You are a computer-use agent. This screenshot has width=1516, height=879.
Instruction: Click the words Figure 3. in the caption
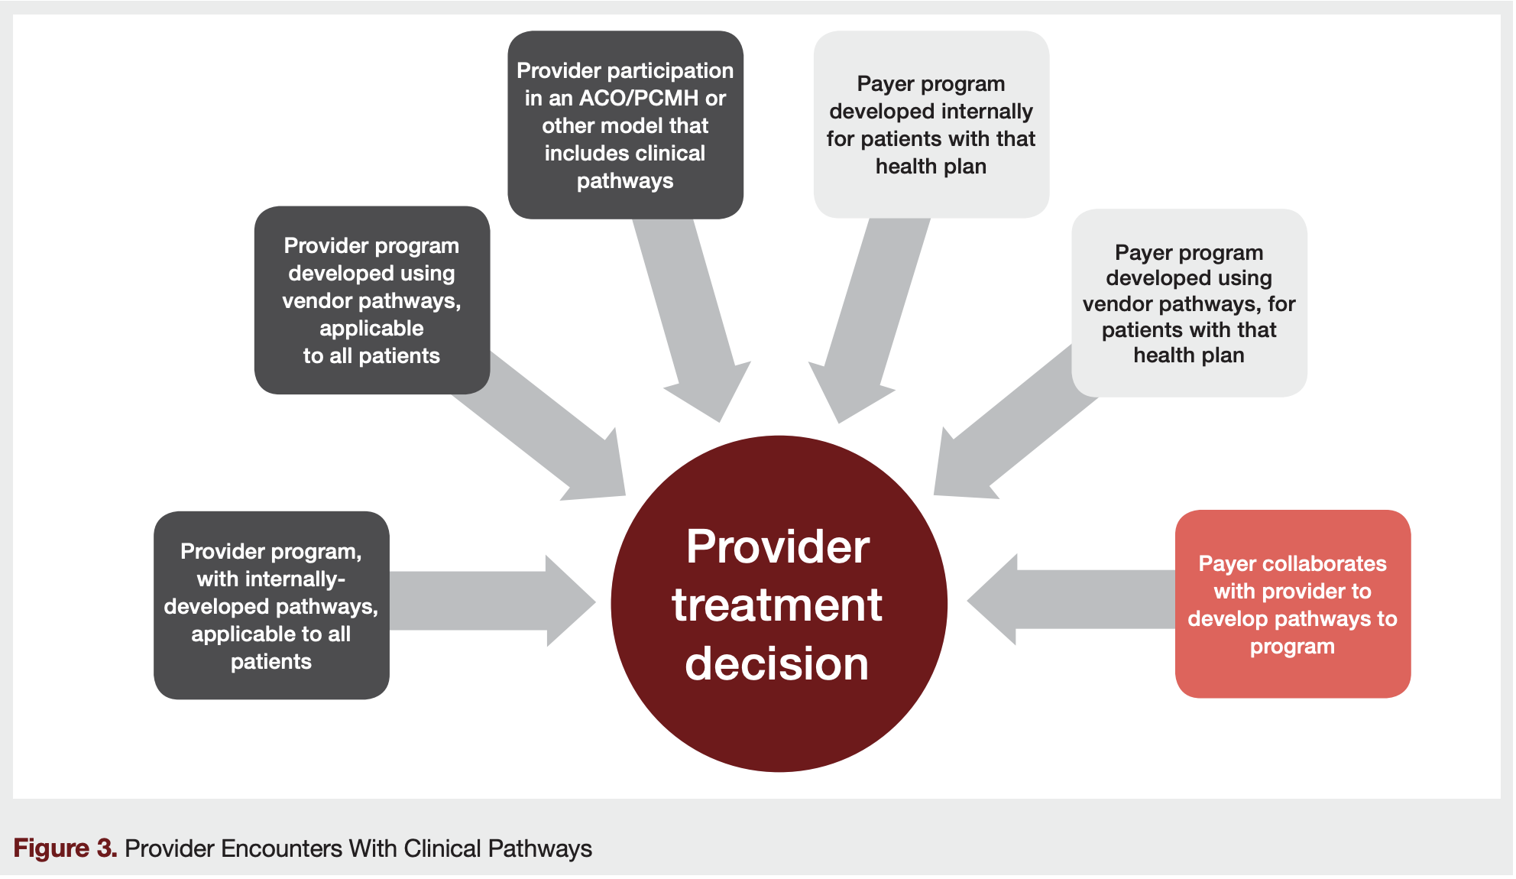65,848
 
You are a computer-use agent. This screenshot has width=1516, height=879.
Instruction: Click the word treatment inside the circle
777,605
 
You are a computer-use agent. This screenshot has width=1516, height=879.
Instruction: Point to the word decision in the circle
777,663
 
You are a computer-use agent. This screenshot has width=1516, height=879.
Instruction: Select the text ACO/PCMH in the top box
638,99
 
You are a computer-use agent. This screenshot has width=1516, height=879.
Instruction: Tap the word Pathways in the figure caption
540,848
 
